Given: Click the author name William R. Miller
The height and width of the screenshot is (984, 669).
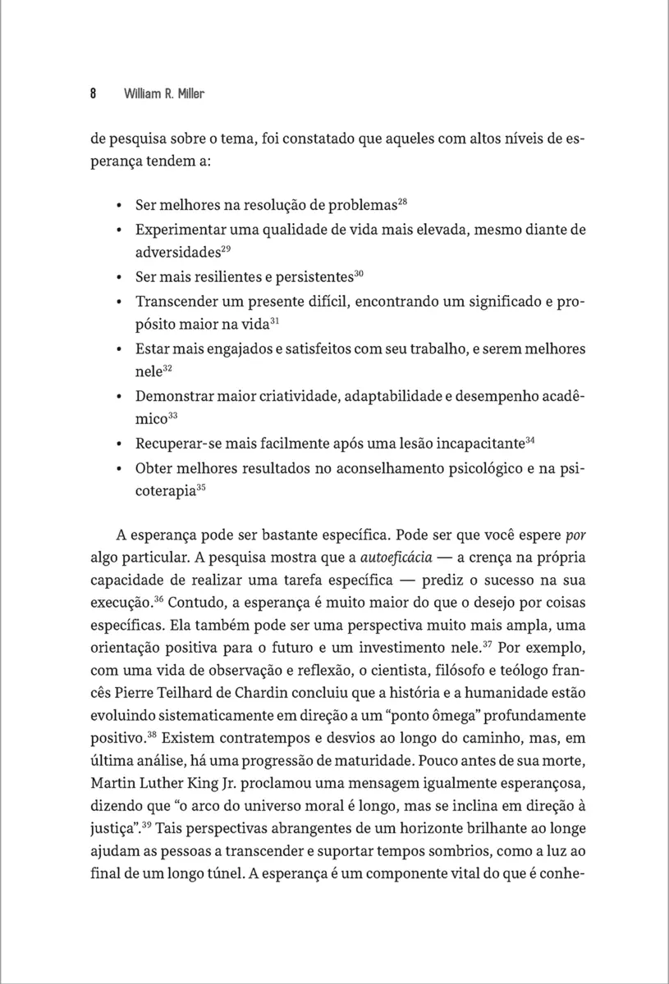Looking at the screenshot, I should pyautogui.click(x=163, y=94).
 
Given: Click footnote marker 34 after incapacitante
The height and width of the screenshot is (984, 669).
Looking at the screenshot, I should pyautogui.click(x=530, y=441).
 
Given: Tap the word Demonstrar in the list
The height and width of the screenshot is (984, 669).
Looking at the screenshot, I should pyautogui.click(x=176, y=396).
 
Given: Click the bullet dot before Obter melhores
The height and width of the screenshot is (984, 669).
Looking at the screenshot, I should pyautogui.click(x=120, y=469).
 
